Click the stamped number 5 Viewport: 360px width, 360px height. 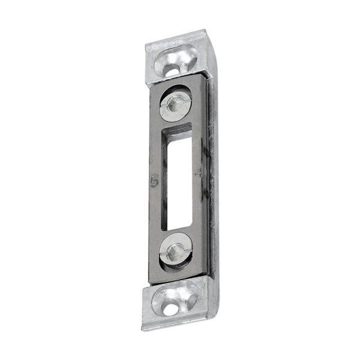154,181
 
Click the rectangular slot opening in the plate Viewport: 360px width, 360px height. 179,180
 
